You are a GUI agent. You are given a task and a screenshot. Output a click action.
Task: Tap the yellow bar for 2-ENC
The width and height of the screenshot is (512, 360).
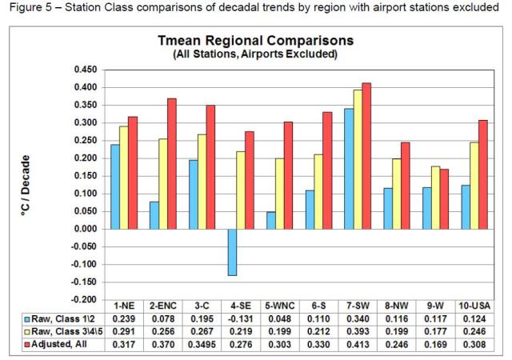pos(164,184)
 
